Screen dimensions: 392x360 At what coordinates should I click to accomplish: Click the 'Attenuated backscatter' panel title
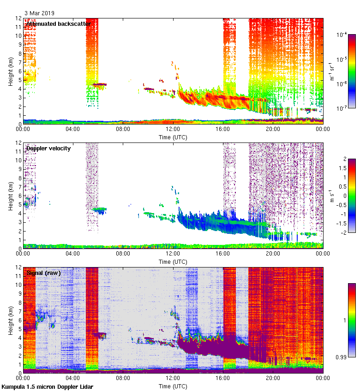coord(58,24)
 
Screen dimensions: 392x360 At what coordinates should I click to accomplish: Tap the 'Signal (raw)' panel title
coord(43,273)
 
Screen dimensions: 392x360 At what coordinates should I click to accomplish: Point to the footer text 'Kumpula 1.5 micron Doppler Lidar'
coord(47,386)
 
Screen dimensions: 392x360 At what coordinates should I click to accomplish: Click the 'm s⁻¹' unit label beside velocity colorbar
coord(332,196)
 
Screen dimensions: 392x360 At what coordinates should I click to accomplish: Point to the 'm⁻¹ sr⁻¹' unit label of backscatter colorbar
coord(332,71)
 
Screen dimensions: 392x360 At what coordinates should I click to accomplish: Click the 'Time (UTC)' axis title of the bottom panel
coord(173,386)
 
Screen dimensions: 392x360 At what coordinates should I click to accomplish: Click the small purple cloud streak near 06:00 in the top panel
coord(99,84)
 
